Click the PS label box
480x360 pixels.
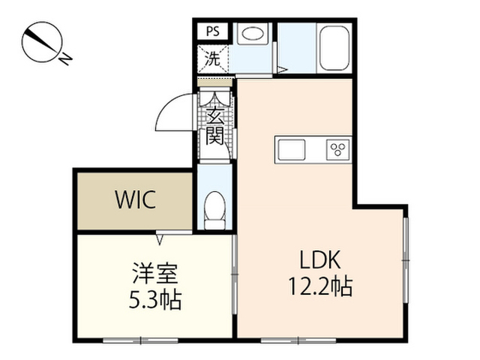pos(213,31)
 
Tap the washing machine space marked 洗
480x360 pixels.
pos(213,58)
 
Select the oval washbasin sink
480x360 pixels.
pos(253,33)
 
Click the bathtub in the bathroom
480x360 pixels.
pos(334,48)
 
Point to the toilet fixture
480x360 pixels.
pos(215,211)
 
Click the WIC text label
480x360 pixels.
pos(136,199)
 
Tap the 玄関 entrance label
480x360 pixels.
pos(214,126)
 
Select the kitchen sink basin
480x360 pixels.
pos(292,150)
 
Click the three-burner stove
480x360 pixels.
pos(338,149)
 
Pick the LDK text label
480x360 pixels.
pos(320,259)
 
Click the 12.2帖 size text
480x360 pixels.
pos(320,286)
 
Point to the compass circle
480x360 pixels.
pos(43,42)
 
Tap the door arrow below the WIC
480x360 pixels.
pos(160,238)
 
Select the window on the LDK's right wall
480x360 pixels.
pos(406,260)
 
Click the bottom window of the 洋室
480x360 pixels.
pos(140,340)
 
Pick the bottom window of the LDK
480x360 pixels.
pos(298,340)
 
